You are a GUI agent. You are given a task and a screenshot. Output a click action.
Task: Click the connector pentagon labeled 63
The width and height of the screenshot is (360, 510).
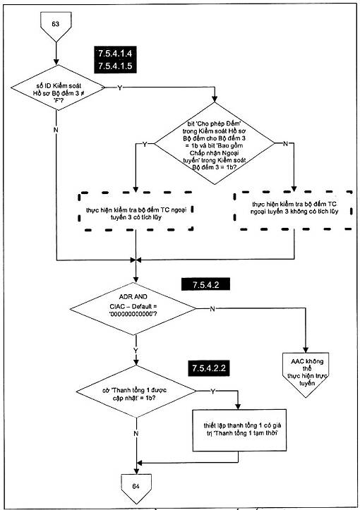[x=56, y=26]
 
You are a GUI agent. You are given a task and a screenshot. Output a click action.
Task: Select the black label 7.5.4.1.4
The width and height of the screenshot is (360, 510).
[x=115, y=53]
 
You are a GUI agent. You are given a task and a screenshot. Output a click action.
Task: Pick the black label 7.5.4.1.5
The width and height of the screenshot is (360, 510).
[x=115, y=66]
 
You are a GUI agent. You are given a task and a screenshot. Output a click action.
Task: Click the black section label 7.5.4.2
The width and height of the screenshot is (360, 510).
[x=205, y=284]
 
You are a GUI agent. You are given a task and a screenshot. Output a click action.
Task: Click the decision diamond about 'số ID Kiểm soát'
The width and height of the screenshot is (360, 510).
[x=58, y=87]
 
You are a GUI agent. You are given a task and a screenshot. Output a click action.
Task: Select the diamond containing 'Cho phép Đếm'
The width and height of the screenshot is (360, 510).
[x=215, y=143]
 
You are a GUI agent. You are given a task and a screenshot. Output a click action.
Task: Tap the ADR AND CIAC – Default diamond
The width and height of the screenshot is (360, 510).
[x=133, y=309]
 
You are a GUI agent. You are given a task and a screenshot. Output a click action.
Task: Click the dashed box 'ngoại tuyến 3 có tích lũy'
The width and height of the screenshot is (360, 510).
[x=136, y=212]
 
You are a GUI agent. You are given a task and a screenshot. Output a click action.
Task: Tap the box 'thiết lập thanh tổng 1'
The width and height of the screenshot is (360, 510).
[x=239, y=430]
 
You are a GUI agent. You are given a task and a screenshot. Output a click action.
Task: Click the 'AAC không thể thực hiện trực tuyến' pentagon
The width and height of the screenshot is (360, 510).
[x=306, y=375]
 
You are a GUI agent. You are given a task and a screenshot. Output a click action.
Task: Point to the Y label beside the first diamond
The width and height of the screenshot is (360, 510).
[x=120, y=87]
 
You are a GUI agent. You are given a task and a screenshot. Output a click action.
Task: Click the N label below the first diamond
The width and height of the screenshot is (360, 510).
[x=56, y=130]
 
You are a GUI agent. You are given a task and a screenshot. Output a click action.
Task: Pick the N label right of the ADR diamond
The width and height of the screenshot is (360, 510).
[x=212, y=309]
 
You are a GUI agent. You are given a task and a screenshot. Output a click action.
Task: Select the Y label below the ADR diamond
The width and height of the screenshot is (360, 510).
[x=136, y=351]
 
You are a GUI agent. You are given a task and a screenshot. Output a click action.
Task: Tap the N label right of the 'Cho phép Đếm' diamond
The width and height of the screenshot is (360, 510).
[x=285, y=143]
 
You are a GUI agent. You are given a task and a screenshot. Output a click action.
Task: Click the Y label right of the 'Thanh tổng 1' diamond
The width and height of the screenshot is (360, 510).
[x=213, y=391]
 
